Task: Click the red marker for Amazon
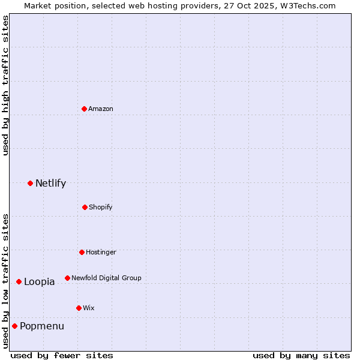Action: click(84, 109)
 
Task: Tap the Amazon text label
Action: click(101, 109)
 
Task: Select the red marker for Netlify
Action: click(30, 183)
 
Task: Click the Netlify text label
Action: click(50, 184)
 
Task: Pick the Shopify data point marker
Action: click(85, 207)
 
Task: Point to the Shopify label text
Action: click(101, 207)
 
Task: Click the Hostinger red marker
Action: click(82, 252)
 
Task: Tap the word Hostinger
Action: click(101, 252)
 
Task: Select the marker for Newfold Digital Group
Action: click(67, 278)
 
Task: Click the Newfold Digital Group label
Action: click(106, 278)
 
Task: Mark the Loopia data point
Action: click(19, 281)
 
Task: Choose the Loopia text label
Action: click(39, 282)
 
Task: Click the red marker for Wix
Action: click(79, 308)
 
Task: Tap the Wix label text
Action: click(89, 308)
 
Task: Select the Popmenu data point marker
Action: click(14, 326)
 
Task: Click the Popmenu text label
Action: click(42, 326)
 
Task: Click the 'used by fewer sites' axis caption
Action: click(62, 355)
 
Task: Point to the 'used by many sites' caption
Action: click(301, 355)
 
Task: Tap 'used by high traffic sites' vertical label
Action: click(5, 85)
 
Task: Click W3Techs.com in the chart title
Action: click(306, 5)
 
